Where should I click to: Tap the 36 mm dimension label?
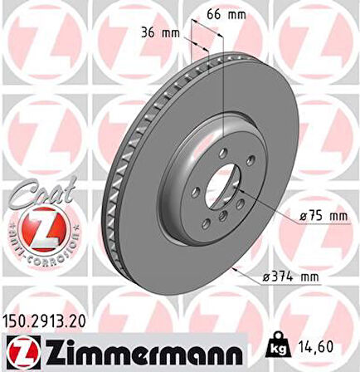pyautogui.click(x=160, y=33)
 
